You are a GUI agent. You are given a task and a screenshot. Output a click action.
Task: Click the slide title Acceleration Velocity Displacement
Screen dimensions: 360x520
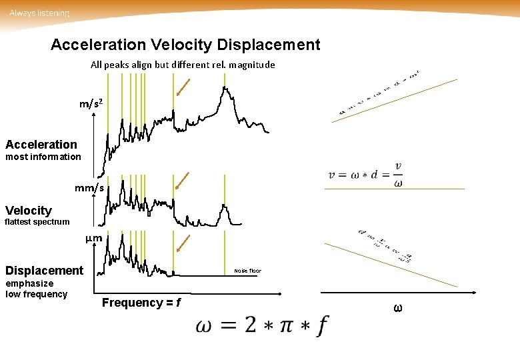pos(185,45)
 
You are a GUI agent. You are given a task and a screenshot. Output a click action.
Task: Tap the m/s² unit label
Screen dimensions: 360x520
pos(91,104)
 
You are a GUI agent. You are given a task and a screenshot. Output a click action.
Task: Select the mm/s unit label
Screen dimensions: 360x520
pos(89,189)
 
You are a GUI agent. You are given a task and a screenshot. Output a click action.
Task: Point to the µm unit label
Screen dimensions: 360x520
pos(94,239)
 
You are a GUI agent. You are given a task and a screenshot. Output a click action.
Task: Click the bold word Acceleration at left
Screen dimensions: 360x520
pos(41,144)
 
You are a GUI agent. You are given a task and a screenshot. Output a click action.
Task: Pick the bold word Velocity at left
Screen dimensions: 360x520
pos(29,210)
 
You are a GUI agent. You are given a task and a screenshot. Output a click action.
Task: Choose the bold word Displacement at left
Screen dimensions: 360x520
pos(45,271)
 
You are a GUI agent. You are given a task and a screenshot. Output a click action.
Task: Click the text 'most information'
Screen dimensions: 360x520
pos(43,157)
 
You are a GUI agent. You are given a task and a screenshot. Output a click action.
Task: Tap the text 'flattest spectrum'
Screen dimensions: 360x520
pos(37,222)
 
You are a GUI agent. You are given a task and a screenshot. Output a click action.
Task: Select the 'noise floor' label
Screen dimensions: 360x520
pos(247,271)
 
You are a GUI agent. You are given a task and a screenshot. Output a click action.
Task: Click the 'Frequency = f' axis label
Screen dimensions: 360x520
pos(141,303)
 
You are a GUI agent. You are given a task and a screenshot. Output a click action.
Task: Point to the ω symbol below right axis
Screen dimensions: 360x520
pos(398,308)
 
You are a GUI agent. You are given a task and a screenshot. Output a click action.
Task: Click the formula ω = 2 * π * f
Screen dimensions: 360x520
pos(262,326)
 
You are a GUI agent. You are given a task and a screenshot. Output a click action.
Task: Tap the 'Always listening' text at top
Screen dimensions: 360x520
pos(39,13)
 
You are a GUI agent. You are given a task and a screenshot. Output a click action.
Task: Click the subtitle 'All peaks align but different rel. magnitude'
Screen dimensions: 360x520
pos(183,65)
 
